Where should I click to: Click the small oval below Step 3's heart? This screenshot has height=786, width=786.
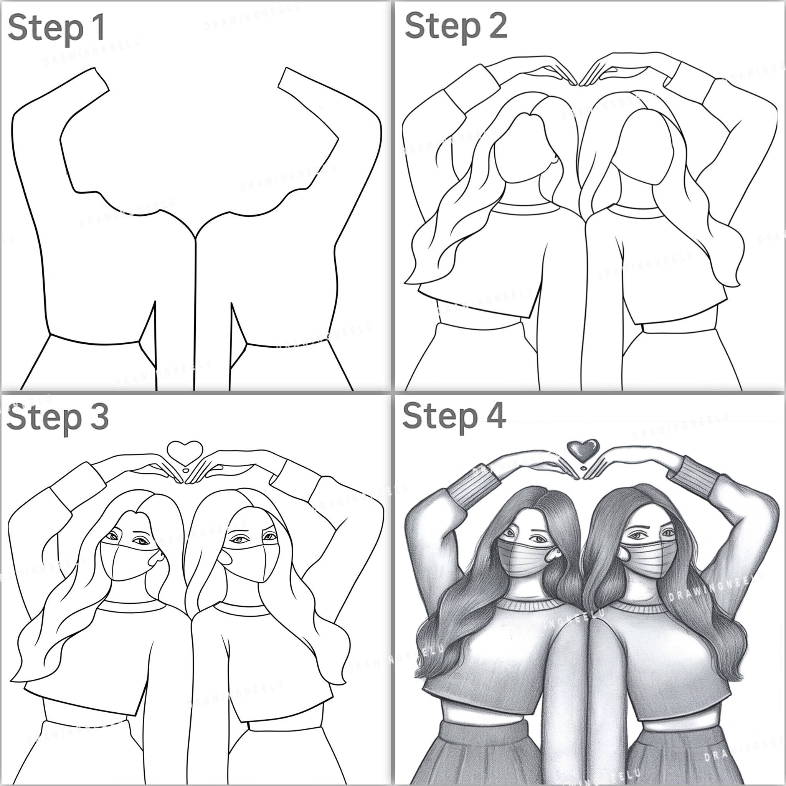[x=185, y=471]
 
